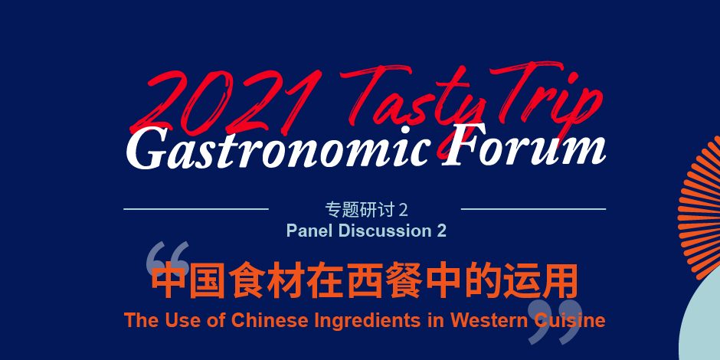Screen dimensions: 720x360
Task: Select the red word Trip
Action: click(x=545, y=92)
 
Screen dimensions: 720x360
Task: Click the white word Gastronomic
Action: click(x=278, y=146)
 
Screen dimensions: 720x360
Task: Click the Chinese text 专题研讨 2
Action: click(x=366, y=211)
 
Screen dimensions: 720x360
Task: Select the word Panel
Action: click(x=309, y=231)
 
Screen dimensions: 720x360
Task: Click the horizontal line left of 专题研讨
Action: click(x=196, y=209)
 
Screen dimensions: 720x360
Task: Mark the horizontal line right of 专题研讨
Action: click(x=533, y=209)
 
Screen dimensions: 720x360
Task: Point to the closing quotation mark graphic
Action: click(x=555, y=322)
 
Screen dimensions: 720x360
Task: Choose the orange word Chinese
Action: click(x=270, y=320)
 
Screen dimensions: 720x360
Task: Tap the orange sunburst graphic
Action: click(x=699, y=207)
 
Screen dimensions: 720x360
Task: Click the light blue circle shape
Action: click(x=700, y=322)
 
